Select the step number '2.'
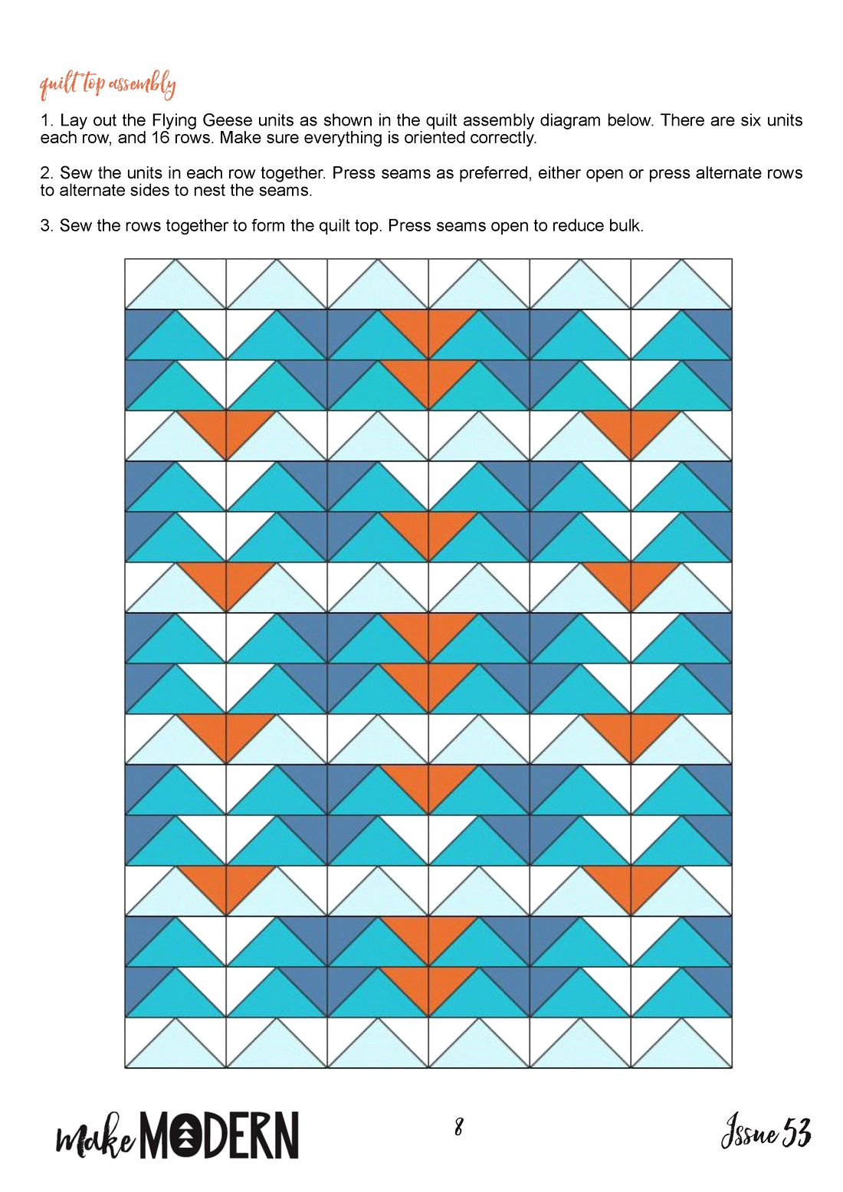click(x=48, y=173)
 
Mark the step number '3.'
click(x=48, y=226)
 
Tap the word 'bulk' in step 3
click(x=626, y=226)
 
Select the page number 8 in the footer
click(x=458, y=1127)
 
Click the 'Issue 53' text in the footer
click(x=766, y=1132)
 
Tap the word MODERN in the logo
click(x=221, y=1134)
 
